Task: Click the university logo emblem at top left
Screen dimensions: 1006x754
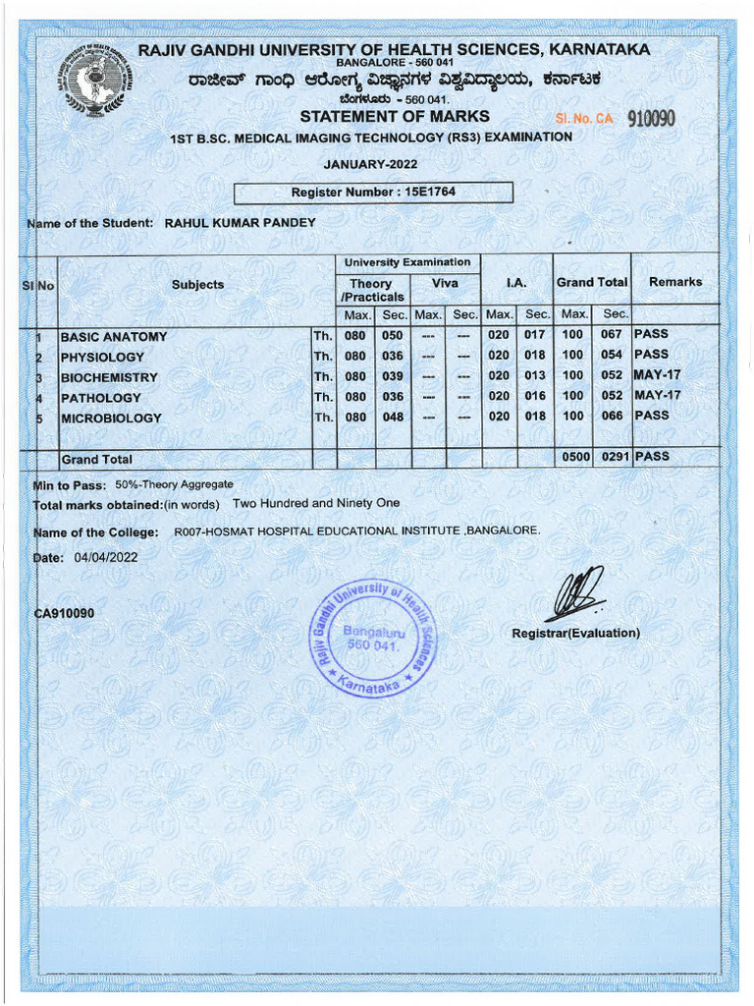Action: point(95,80)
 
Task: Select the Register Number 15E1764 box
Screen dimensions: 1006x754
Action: point(373,193)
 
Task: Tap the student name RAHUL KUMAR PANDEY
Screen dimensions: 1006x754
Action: point(240,223)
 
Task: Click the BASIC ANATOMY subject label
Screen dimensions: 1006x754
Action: point(114,337)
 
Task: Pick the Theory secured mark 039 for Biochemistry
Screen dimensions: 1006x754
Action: point(393,377)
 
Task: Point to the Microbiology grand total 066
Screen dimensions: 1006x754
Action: point(613,417)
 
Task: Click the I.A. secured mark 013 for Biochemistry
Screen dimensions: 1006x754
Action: point(535,376)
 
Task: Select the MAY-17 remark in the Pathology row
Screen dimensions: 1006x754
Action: point(657,396)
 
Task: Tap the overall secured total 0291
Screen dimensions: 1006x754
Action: point(613,458)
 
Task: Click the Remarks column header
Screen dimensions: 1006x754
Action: point(675,282)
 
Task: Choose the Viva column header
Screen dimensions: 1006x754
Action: point(445,282)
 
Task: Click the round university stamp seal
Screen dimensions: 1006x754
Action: point(373,636)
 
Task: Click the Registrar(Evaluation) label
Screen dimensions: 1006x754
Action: point(575,634)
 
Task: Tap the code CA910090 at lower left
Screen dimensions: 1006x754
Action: point(64,614)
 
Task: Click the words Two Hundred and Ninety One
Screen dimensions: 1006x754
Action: point(316,504)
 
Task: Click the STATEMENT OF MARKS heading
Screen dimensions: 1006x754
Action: point(395,117)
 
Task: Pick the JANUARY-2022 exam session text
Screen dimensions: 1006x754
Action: point(370,164)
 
